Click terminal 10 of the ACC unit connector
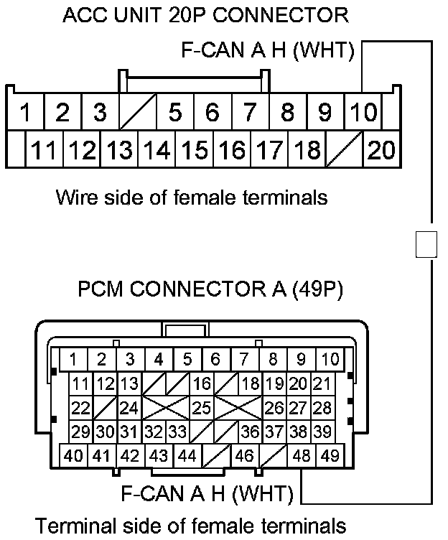pos(363,113)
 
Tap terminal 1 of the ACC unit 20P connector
pos(25,113)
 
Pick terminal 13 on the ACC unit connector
pos(119,150)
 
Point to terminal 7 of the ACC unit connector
pos(249,113)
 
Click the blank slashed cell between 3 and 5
pos(137,113)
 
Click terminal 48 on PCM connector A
pos(302,455)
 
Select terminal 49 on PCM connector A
pos(330,455)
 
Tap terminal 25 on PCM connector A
pos(202,408)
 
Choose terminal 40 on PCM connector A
pos(73,455)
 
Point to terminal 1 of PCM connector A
pos(73,359)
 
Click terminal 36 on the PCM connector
pos(250,432)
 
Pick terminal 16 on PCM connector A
pos(202,384)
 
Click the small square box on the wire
pos(426,244)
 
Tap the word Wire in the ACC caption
pos(74,197)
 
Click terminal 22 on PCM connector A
pos(81,408)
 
